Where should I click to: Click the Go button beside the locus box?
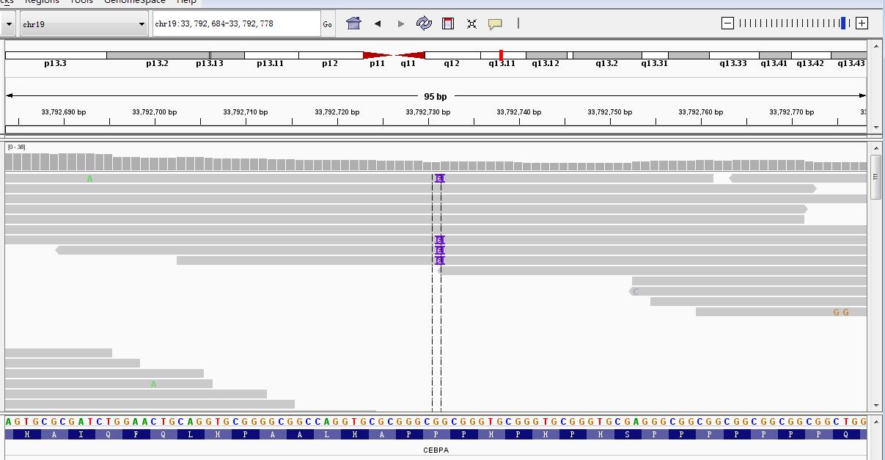pyautogui.click(x=327, y=24)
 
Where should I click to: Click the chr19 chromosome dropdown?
pyautogui.click(x=84, y=24)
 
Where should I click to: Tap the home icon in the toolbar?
pyautogui.click(x=353, y=23)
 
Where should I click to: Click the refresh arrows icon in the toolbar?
pyautogui.click(x=424, y=23)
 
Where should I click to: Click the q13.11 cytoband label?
pyautogui.click(x=502, y=64)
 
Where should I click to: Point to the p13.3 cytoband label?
pyautogui.click(x=55, y=64)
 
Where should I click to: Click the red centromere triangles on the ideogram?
pyautogui.click(x=394, y=55)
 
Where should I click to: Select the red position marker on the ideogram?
pyautogui.click(x=501, y=55)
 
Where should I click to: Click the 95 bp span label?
pyautogui.click(x=435, y=96)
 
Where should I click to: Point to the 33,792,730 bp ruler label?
pyautogui.click(x=428, y=112)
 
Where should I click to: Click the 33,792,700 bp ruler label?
pyautogui.click(x=154, y=112)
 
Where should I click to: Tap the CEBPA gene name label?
pyautogui.click(x=436, y=450)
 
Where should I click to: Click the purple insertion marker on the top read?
pyautogui.click(x=439, y=178)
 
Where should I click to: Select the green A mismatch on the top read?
pyautogui.click(x=89, y=178)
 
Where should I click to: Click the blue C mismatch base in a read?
pyautogui.click(x=636, y=292)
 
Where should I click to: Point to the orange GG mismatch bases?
pyautogui.click(x=841, y=313)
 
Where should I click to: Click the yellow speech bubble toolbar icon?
pyautogui.click(x=495, y=23)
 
